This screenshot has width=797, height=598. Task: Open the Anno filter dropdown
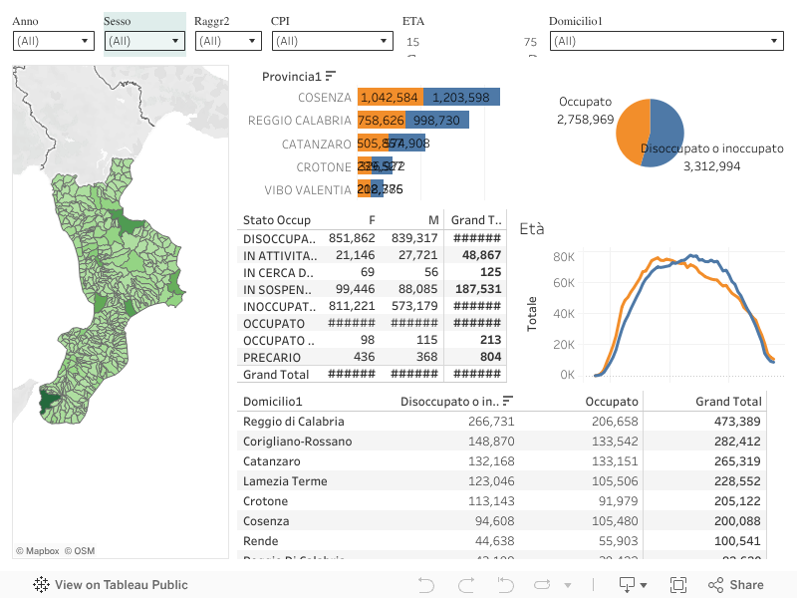point(54,41)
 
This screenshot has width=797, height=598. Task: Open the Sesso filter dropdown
point(144,41)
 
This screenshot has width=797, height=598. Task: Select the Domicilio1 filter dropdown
point(665,41)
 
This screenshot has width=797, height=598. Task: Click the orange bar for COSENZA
point(390,98)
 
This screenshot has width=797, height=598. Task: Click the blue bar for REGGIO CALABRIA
point(436,121)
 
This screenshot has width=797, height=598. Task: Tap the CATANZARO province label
point(316,144)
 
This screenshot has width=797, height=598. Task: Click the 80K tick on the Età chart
point(564,257)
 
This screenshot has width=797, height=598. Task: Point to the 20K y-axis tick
point(564,345)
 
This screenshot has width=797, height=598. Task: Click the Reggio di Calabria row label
point(294,422)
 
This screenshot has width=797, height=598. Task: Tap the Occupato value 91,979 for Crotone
point(614,501)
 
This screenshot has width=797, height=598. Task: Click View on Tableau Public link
point(111,585)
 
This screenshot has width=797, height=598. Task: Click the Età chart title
point(532,229)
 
